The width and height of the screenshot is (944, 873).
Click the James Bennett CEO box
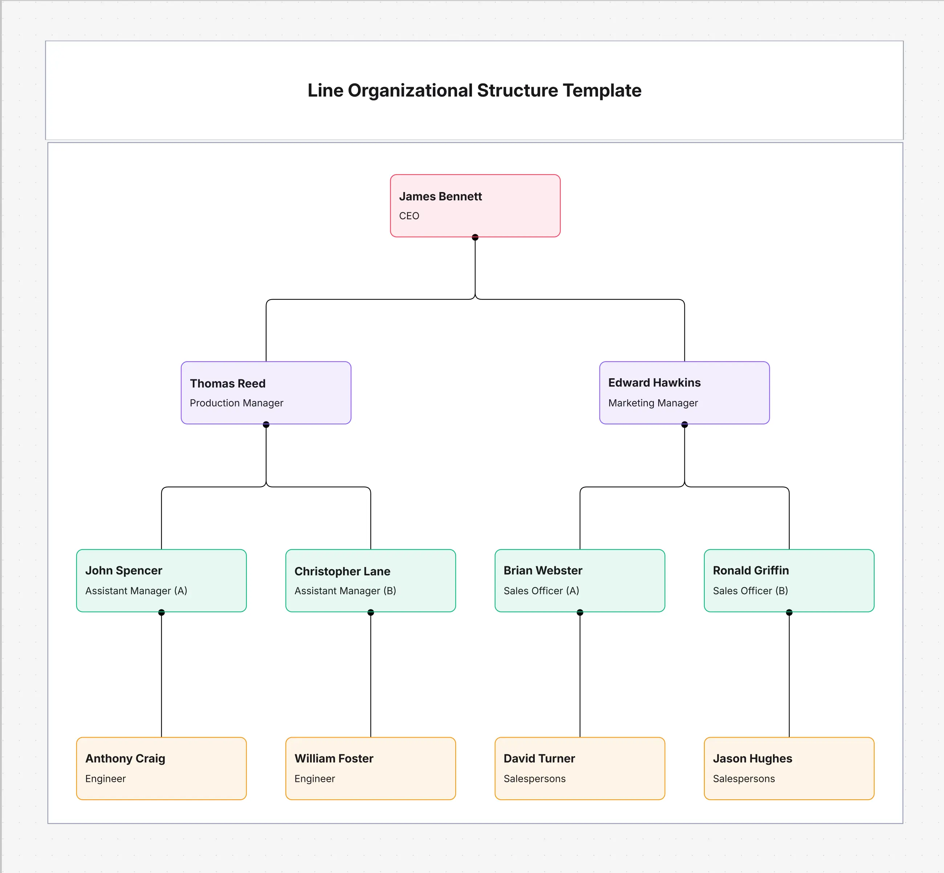(475, 205)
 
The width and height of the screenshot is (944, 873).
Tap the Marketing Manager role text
(652, 403)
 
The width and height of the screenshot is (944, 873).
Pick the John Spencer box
(161, 580)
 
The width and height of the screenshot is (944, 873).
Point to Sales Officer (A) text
(541, 591)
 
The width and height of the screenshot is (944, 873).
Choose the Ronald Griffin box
(789, 580)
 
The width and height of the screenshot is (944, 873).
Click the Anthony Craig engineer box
(161, 768)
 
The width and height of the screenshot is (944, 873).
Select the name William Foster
(334, 758)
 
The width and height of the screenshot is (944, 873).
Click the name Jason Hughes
(752, 758)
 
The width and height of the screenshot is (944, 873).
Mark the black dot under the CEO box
(475, 237)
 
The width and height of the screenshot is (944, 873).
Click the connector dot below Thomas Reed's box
(266, 425)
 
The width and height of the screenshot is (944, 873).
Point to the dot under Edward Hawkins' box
(684, 425)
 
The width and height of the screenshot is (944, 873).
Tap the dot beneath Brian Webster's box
(580, 612)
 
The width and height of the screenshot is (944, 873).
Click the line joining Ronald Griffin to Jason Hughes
(789, 676)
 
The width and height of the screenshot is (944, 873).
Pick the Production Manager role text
(236, 403)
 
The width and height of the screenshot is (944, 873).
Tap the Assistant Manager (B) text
(345, 591)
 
